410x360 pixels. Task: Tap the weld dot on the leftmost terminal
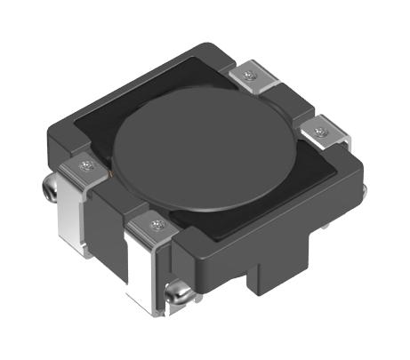[x=85, y=164]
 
